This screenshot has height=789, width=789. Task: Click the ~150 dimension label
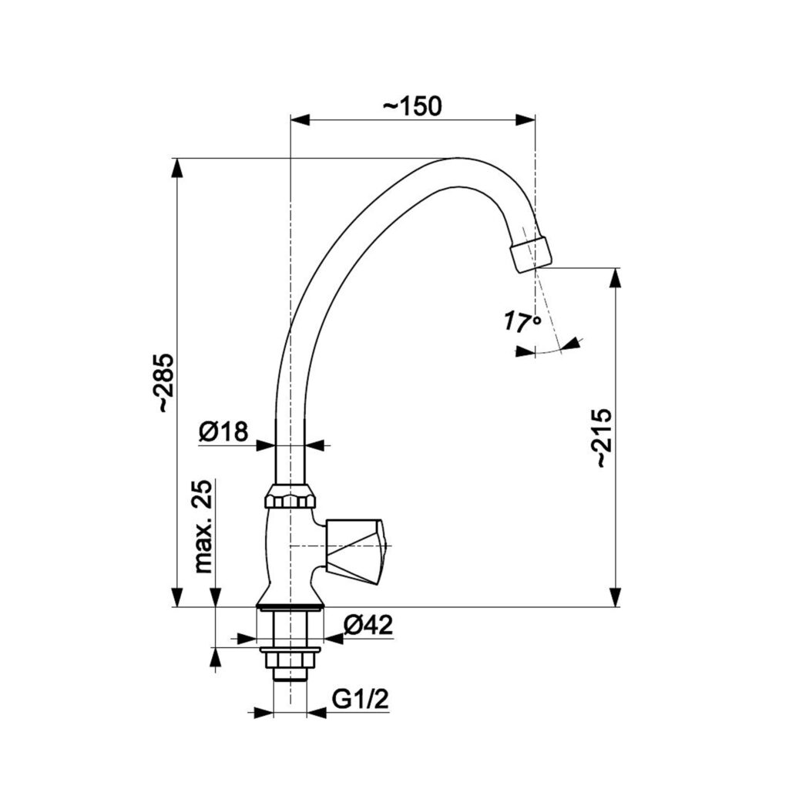click(412, 106)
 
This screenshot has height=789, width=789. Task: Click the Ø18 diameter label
click(224, 431)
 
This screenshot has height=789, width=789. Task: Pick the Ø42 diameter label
click(368, 625)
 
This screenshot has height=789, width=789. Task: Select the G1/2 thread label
click(361, 700)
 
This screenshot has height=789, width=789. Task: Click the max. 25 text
click(203, 526)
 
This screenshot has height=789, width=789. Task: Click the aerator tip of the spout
click(531, 254)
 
